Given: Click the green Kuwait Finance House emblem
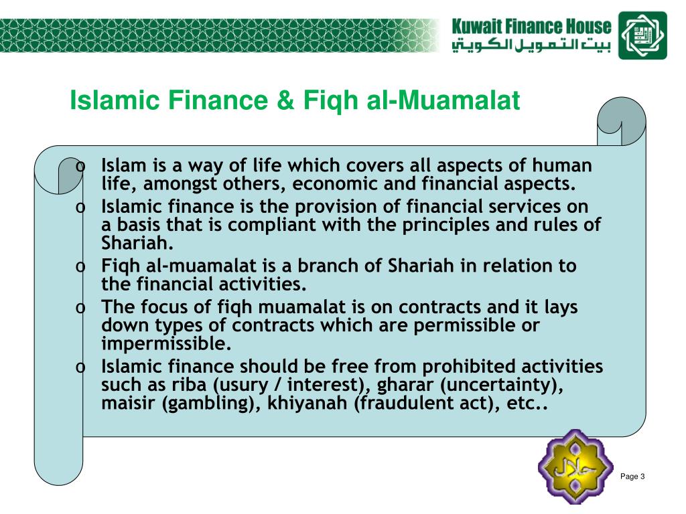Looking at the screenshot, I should (x=642, y=35).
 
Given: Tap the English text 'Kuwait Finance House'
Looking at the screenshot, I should (x=531, y=27).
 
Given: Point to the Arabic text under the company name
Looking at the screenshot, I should (x=531, y=46).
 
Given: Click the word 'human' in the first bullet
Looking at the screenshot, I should (x=562, y=165).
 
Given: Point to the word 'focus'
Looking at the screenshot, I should (x=162, y=307).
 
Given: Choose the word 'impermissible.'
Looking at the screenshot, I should (x=166, y=344).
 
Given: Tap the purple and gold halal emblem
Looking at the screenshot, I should (x=576, y=466).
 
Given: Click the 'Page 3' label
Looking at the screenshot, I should (x=632, y=477).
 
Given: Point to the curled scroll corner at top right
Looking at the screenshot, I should (x=621, y=120).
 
